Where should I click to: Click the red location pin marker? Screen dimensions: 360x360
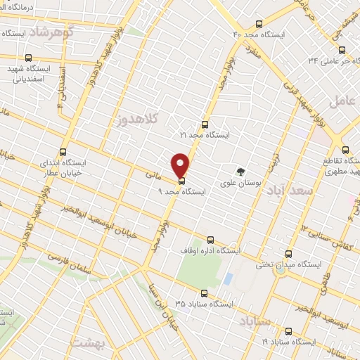pyautogui.click(x=181, y=165)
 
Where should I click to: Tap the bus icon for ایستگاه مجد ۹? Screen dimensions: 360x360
pyautogui.click(x=182, y=181)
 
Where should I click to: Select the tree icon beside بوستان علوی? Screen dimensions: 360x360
pyautogui.click(x=241, y=172)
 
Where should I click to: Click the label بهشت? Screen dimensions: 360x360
pyautogui.click(x=109, y=345)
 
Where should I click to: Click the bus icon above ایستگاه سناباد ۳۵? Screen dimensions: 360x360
pyautogui.click(x=205, y=293)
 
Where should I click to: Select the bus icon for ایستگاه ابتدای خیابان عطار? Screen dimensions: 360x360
pyautogui.click(x=63, y=151)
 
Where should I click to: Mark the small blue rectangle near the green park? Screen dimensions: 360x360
pyautogui.click(x=228, y=278)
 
